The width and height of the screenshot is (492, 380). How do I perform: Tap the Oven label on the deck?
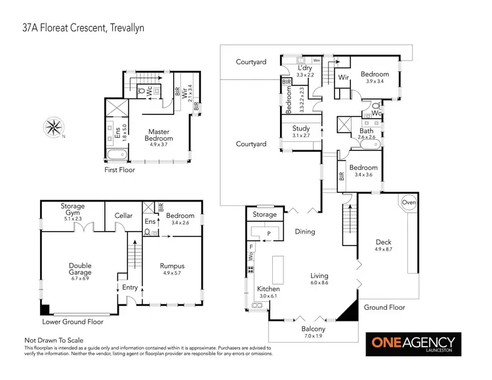(408, 202)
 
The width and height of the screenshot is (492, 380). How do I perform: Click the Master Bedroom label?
(159, 135)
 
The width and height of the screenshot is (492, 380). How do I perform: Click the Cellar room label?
(123, 216)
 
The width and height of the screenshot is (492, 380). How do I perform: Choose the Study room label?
(301, 129)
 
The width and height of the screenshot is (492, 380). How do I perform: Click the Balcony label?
(314, 329)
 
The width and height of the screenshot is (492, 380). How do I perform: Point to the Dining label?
(304, 231)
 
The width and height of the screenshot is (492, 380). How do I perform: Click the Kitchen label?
(268, 289)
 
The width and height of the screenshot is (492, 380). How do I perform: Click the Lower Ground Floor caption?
(73, 322)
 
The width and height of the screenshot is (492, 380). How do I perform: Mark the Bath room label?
(366, 131)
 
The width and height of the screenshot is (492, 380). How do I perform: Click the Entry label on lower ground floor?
(130, 287)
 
